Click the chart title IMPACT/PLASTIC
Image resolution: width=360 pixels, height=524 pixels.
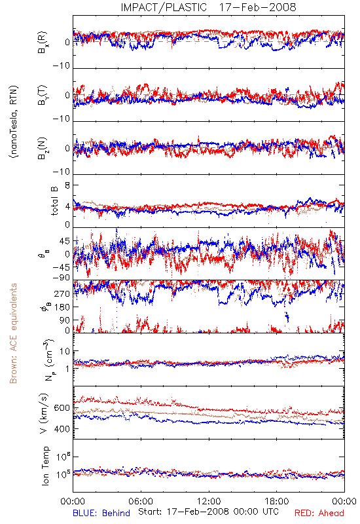164,7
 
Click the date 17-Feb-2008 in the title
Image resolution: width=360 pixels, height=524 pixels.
257,7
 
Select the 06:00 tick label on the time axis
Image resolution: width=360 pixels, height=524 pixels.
141,501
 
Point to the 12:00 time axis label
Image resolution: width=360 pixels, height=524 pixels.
209,501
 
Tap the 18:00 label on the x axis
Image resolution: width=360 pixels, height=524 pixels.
277,501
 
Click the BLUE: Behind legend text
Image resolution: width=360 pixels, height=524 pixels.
101,513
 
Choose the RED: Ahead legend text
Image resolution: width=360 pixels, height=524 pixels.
319,513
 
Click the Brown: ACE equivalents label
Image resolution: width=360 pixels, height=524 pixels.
13,333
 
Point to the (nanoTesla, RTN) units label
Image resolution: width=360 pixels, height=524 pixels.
14,121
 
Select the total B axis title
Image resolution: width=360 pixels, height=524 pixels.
54,200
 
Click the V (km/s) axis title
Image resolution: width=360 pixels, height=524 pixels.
44,414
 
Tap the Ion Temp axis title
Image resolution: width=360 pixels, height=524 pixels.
45,466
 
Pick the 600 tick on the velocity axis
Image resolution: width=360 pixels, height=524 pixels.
62,408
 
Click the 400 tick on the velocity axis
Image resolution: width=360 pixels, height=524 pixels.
62,429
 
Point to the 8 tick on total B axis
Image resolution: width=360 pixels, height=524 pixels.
67,185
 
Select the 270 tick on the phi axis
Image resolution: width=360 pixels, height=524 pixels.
62,293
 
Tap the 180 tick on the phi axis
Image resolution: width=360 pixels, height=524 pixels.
62,307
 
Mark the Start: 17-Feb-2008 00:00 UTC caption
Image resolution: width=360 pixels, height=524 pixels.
208,512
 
